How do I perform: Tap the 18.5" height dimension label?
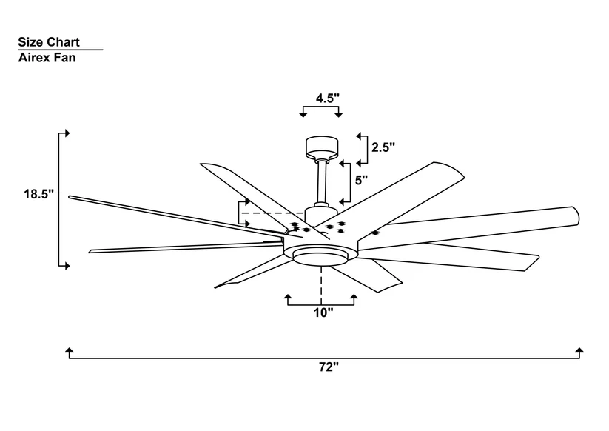(x=38, y=195)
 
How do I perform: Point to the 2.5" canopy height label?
(x=384, y=147)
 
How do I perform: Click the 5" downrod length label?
(x=361, y=179)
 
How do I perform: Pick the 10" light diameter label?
(x=323, y=313)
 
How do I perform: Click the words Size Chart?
(x=49, y=42)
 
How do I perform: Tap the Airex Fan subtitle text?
(x=47, y=57)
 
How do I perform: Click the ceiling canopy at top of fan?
(x=321, y=145)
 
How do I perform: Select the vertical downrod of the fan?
(x=322, y=182)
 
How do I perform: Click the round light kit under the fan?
(x=321, y=255)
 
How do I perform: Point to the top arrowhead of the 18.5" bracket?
(x=67, y=133)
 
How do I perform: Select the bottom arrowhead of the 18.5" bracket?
(x=67, y=264)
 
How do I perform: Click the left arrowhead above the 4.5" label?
(x=303, y=114)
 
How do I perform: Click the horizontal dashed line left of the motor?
(x=267, y=213)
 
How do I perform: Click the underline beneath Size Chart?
(x=60, y=50)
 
